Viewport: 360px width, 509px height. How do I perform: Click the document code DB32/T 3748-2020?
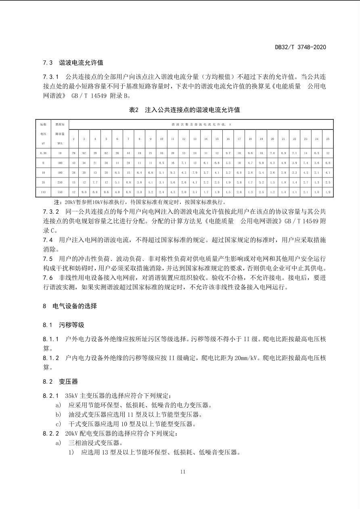(300, 47)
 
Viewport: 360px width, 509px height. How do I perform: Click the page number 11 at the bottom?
(183, 471)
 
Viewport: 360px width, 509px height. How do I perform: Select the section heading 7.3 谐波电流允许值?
(73, 63)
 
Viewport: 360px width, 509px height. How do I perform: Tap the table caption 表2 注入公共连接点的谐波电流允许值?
(184, 110)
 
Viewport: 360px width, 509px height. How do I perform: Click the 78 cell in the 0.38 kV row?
(73, 153)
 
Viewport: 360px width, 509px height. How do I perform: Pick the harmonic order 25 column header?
(327, 139)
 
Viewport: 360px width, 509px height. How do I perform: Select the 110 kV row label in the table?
(43, 192)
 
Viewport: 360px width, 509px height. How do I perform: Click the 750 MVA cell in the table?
(60, 192)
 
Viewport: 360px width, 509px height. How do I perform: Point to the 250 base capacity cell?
(60, 182)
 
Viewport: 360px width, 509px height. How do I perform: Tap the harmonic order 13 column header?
(195, 139)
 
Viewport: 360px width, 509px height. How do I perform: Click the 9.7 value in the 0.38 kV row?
(228, 153)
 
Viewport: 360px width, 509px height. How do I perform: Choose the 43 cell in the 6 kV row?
(73, 163)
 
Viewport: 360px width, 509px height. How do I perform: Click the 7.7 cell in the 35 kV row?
(95, 182)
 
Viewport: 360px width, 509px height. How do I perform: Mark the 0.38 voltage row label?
(43, 153)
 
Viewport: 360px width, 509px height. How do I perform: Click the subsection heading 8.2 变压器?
(60, 382)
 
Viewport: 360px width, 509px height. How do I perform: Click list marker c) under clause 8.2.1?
(59, 424)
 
